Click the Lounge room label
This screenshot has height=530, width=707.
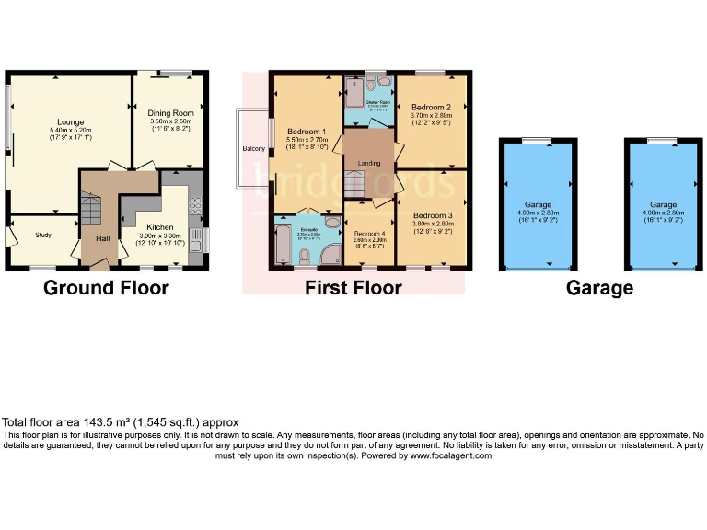coord(70,121)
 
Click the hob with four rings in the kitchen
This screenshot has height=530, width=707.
coord(195,204)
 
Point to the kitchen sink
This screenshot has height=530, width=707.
coord(195,238)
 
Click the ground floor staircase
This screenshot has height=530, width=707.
coord(89,211)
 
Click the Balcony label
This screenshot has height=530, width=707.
coord(254,148)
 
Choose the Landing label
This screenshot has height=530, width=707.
coord(368,164)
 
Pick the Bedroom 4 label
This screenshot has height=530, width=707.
coord(368,233)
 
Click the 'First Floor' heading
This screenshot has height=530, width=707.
coord(353,288)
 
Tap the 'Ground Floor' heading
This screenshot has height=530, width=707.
coord(107,288)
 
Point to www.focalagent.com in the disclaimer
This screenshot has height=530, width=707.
coord(451,455)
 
